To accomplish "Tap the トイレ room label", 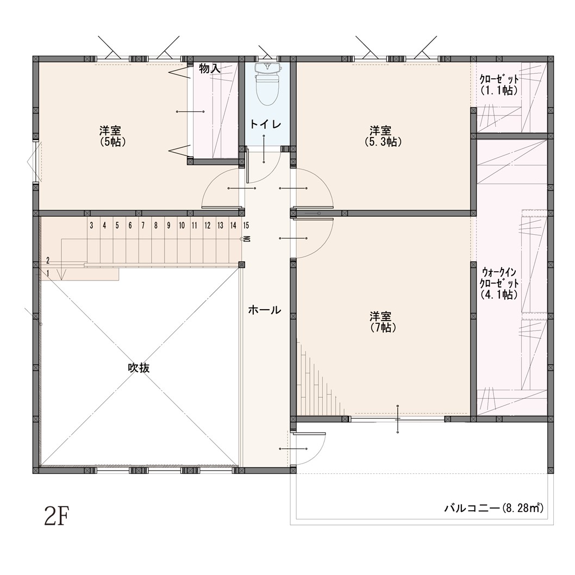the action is [266, 124].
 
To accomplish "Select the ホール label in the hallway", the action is [265, 310].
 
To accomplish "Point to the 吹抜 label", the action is [139, 368].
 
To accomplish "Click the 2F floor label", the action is [57, 516].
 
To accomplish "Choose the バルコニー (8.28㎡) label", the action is [494, 509].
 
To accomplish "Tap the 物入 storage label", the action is [210, 68].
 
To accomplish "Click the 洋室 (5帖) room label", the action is [112, 136].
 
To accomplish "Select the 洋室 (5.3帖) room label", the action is [383, 136].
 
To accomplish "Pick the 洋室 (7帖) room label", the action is [383, 322].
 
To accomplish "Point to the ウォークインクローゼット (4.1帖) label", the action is [499, 284].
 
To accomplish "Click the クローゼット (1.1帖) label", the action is [499, 85].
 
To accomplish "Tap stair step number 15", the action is [246, 226].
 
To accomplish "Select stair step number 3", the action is [92, 226].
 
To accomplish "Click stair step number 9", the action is [168, 226].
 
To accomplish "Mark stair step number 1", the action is [48, 273].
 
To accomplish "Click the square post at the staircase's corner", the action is [242, 265].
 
